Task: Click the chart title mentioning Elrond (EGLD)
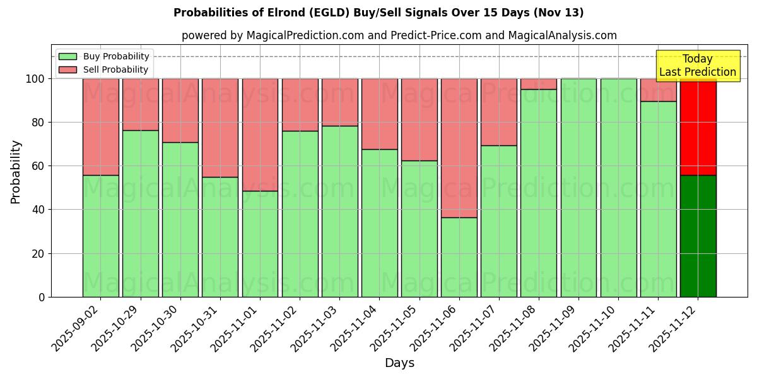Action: pos(378,13)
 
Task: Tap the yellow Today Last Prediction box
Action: pos(698,66)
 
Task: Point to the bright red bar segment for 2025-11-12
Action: pos(698,126)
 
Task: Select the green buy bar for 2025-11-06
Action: pos(459,257)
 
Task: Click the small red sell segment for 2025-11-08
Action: pos(539,84)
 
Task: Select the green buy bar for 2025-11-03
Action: pos(339,211)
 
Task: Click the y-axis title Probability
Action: pos(16,172)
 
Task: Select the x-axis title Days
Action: pos(399,363)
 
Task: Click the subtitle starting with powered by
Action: pos(399,35)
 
